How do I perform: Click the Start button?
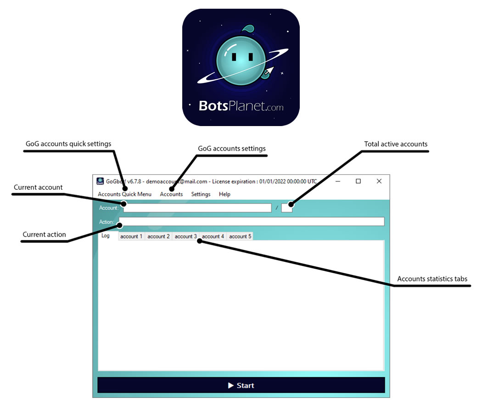(x=241, y=385)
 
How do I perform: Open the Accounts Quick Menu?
(x=124, y=194)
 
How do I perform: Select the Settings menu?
(x=201, y=194)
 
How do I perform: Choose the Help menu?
(x=224, y=194)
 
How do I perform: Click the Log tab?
(x=106, y=236)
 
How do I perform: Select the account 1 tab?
(x=131, y=237)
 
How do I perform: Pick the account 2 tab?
(x=158, y=237)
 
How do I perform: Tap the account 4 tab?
(x=213, y=237)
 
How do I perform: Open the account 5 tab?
(x=240, y=237)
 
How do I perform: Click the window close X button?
(x=379, y=181)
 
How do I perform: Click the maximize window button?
(x=358, y=181)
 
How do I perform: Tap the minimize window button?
(x=338, y=181)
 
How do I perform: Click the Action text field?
(x=252, y=222)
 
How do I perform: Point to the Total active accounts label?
(x=396, y=144)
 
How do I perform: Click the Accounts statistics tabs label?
(x=432, y=279)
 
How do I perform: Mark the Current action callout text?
(x=44, y=235)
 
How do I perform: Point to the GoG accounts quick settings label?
(x=68, y=143)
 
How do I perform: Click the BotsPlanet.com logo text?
(x=241, y=106)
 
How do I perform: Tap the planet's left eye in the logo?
(x=234, y=57)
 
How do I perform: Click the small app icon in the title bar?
(x=100, y=181)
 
